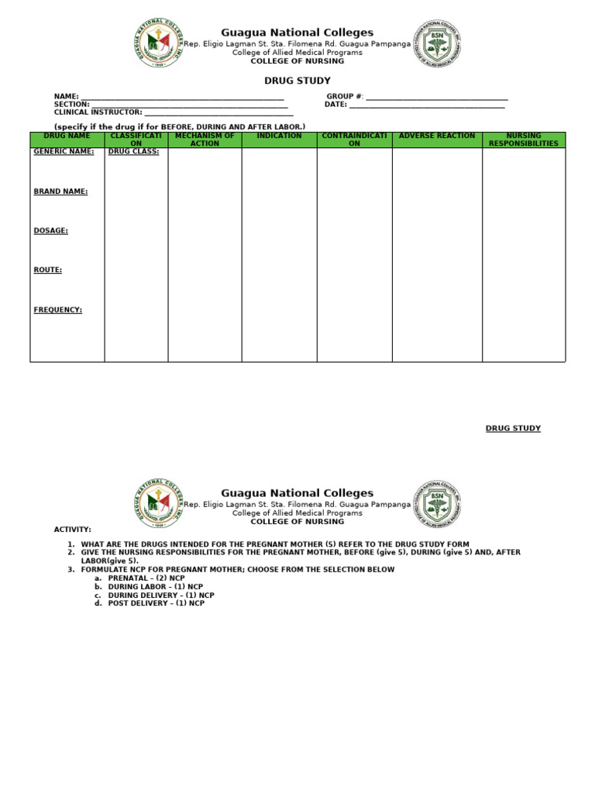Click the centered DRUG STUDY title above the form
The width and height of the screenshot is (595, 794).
point(297,81)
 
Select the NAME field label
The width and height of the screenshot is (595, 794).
point(66,97)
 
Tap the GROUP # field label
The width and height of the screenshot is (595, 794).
point(345,97)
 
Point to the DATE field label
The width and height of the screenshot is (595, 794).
point(335,105)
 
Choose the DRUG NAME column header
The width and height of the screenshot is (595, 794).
point(67,136)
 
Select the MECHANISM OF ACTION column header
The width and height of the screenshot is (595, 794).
point(205,140)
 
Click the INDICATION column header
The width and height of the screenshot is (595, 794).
point(279,136)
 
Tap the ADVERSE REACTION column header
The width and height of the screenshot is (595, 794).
point(437,136)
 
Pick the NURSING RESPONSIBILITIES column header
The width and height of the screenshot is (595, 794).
point(524,140)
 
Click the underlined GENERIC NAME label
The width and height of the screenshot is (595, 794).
point(64,152)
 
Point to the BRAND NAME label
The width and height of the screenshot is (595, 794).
point(60,192)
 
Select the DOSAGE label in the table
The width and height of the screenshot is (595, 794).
point(51,231)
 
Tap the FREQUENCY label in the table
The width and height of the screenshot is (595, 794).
point(58,310)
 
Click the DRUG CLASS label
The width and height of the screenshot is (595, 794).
point(133,152)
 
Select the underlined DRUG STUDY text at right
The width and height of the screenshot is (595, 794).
point(513,429)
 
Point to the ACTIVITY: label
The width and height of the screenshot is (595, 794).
point(72,530)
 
